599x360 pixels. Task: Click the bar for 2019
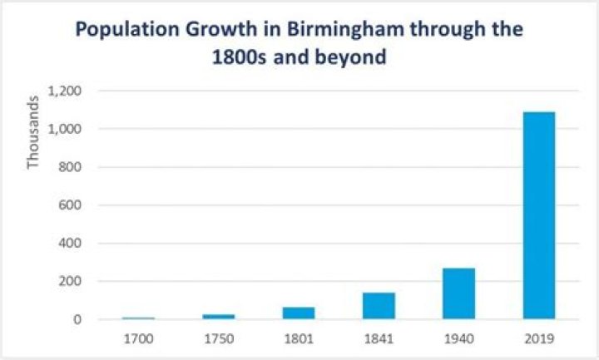tap(538, 215)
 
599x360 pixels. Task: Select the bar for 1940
tap(458, 293)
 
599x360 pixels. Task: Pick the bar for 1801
tap(299, 313)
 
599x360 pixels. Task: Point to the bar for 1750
tap(219, 317)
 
